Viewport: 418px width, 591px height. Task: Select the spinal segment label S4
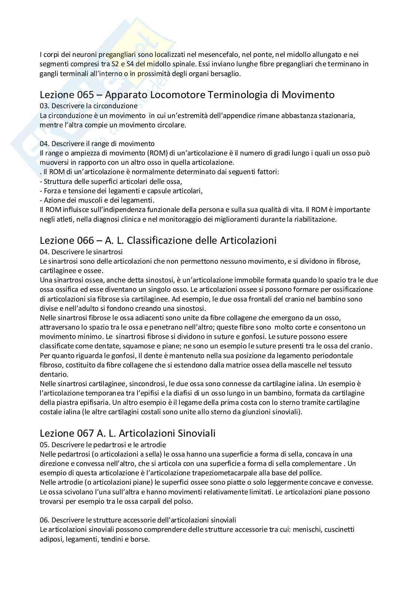tap(131, 64)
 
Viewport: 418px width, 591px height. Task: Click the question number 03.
tap(44, 106)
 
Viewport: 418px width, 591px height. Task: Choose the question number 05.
tap(44, 445)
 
